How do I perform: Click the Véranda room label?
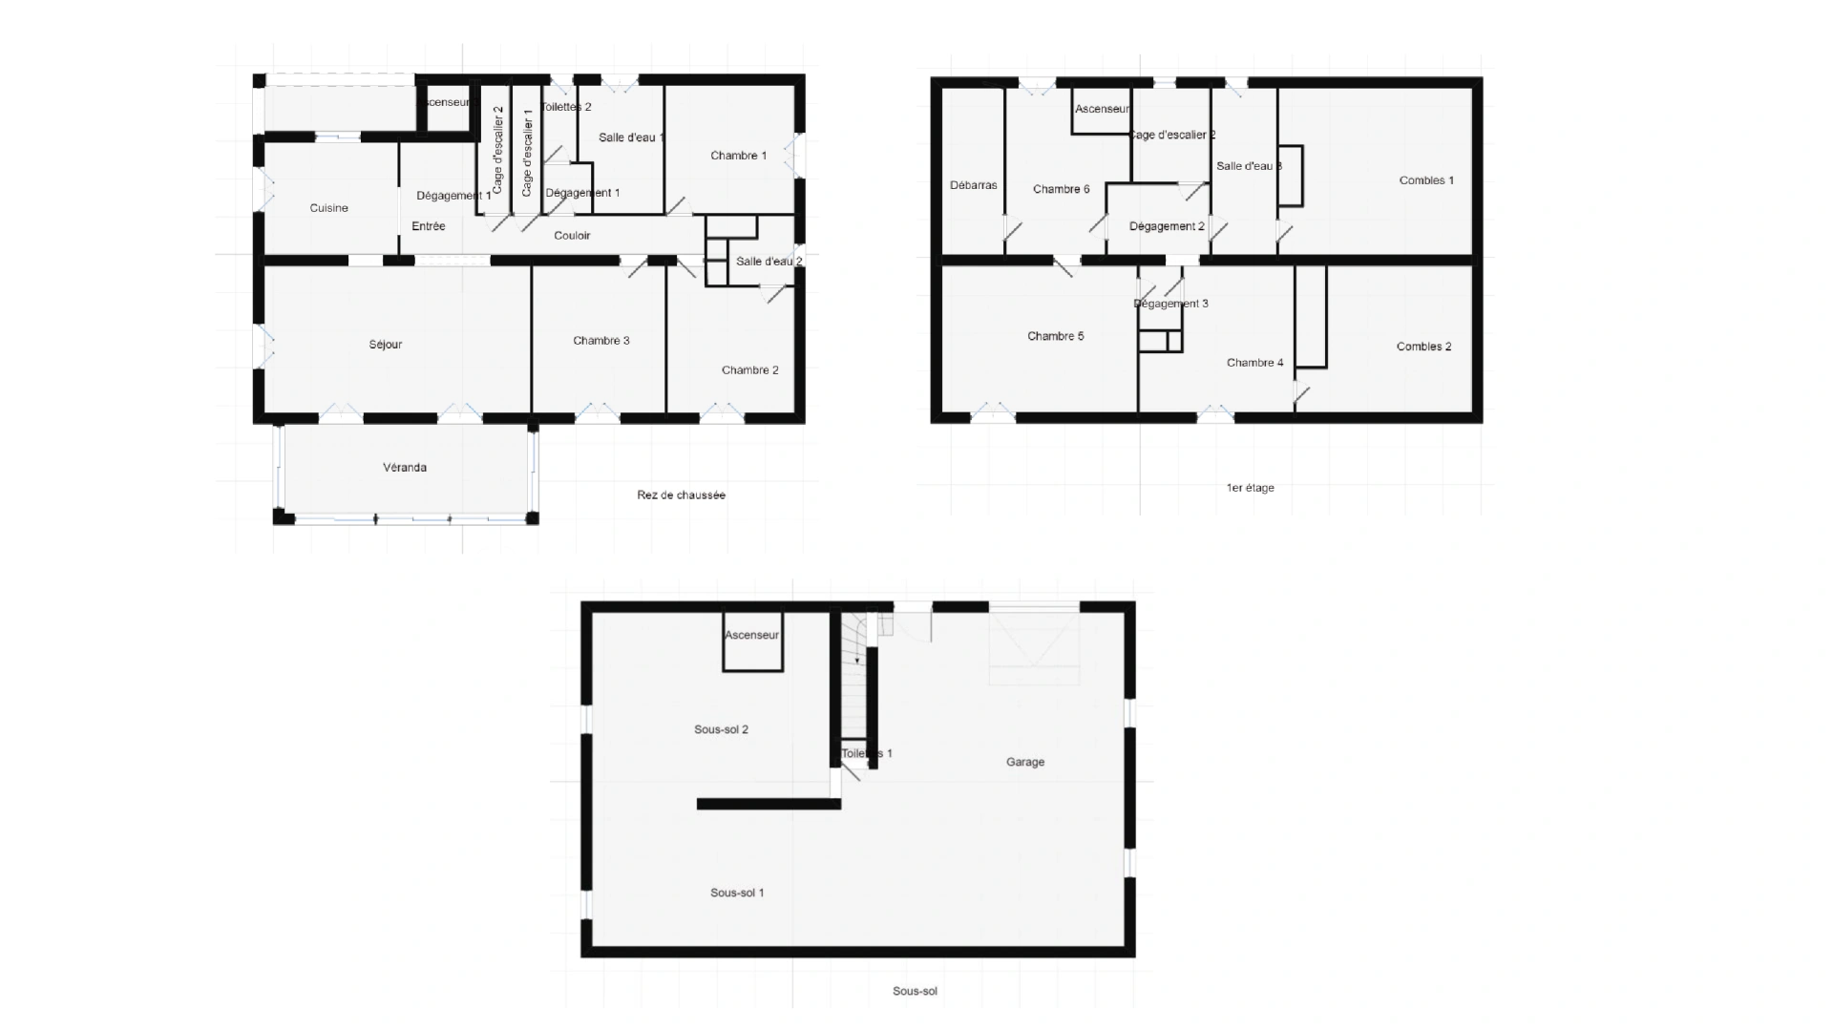[405, 468]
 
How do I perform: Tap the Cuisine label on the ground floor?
[329, 208]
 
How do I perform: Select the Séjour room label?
[386, 345]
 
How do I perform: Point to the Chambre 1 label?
[739, 156]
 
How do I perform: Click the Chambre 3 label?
[601, 341]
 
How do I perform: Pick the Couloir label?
[573, 236]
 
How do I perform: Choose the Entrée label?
[429, 226]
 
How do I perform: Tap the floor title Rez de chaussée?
[682, 495]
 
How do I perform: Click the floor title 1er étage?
[1251, 488]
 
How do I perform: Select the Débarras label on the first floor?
[974, 185]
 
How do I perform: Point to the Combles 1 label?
[1426, 180]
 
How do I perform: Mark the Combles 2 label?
[1423, 347]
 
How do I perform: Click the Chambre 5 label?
[1056, 336]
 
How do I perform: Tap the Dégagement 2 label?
[1167, 226]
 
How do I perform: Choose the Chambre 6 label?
[1062, 189]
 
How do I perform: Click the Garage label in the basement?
[1025, 762]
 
